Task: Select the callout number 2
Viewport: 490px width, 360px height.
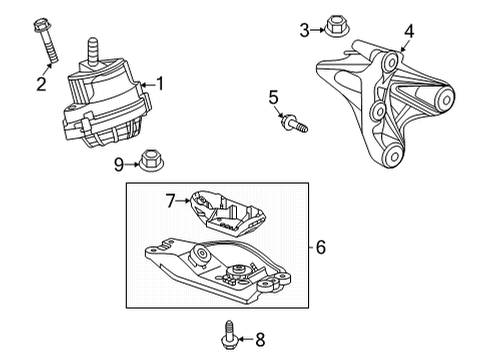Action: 42,84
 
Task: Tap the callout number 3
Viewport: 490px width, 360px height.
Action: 303,30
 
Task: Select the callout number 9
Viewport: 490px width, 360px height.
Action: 118,162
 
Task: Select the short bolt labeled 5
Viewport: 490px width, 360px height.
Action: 295,124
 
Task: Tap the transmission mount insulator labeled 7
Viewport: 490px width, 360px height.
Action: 232,214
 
